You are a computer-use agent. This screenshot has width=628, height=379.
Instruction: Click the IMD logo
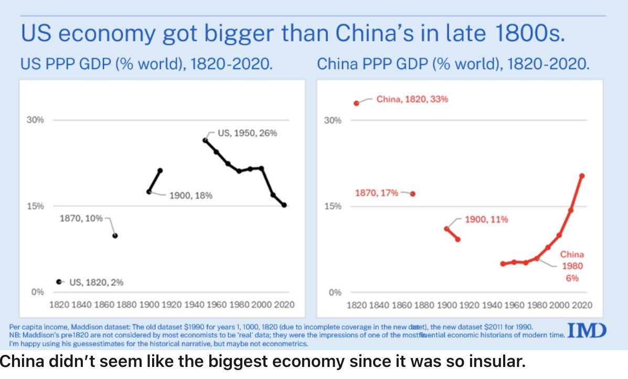click(587, 331)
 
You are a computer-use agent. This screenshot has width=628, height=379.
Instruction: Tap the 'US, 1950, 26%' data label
click(247, 133)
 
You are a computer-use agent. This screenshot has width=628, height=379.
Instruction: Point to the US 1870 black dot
click(115, 235)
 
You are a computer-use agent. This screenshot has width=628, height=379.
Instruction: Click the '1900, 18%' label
click(190, 196)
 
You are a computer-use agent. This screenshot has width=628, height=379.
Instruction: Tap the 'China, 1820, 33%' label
click(412, 99)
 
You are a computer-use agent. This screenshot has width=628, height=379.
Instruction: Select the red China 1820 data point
click(357, 103)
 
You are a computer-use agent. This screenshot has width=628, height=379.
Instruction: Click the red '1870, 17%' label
click(377, 193)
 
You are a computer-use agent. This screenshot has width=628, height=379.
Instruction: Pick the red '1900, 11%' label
click(486, 219)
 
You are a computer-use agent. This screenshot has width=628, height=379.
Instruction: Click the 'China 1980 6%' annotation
click(571, 266)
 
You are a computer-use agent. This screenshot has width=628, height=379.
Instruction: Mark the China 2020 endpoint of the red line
click(582, 176)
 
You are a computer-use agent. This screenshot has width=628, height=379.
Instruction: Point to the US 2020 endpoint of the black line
click(284, 205)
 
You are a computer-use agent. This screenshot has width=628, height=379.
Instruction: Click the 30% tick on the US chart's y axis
click(36, 120)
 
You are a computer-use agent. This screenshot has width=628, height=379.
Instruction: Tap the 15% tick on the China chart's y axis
click(335, 206)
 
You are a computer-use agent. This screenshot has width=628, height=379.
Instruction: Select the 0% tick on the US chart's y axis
click(38, 292)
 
